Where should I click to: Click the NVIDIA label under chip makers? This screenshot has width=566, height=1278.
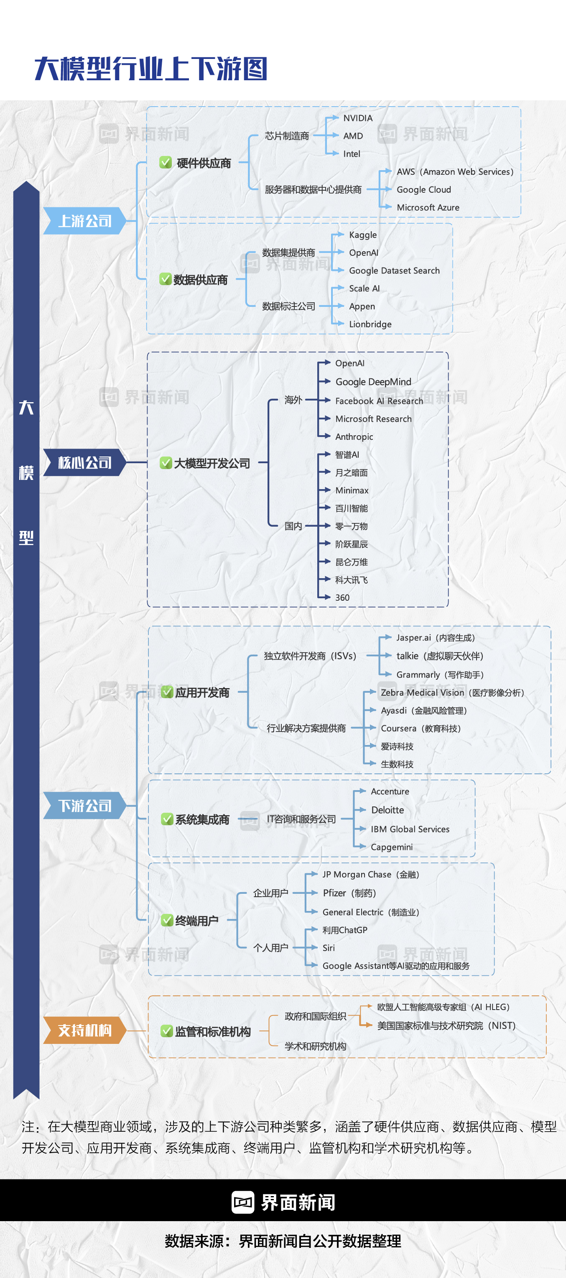pyautogui.click(x=358, y=118)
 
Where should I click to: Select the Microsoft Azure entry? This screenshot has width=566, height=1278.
pyautogui.click(x=428, y=207)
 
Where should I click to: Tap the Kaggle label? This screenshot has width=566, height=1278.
pyautogui.click(x=362, y=235)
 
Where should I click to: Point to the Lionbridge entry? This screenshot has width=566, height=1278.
pyautogui.click(x=370, y=324)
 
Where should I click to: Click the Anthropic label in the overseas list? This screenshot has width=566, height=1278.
pyautogui.click(x=354, y=436)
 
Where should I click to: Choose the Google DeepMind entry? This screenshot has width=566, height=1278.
pyautogui.click(x=373, y=382)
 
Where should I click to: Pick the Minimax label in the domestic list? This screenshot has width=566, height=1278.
pyautogui.click(x=352, y=490)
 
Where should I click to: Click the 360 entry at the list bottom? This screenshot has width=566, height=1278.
pyautogui.click(x=342, y=597)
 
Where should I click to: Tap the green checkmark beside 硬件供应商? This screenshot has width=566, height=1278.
pyautogui.click(x=166, y=162)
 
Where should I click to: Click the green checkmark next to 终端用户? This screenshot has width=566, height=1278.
pyautogui.click(x=167, y=920)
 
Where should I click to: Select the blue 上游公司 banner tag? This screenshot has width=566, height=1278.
pyautogui.click(x=85, y=221)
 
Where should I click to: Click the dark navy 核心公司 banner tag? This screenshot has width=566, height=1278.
pyautogui.click(x=85, y=462)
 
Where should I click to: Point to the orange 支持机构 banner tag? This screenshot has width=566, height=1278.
pyautogui.click(x=85, y=1030)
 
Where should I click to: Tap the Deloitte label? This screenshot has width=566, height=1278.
pyautogui.click(x=388, y=810)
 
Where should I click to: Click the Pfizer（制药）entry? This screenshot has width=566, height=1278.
pyautogui.click(x=349, y=893)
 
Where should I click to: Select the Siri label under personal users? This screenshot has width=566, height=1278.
pyautogui.click(x=329, y=948)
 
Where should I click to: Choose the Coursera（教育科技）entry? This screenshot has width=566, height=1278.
pyautogui.click(x=421, y=728)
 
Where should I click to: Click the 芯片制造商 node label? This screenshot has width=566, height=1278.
pyautogui.click(x=287, y=136)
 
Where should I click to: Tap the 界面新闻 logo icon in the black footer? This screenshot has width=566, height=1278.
pyautogui.click(x=242, y=1202)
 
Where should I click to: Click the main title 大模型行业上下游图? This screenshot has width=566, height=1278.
pyautogui.click(x=151, y=69)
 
